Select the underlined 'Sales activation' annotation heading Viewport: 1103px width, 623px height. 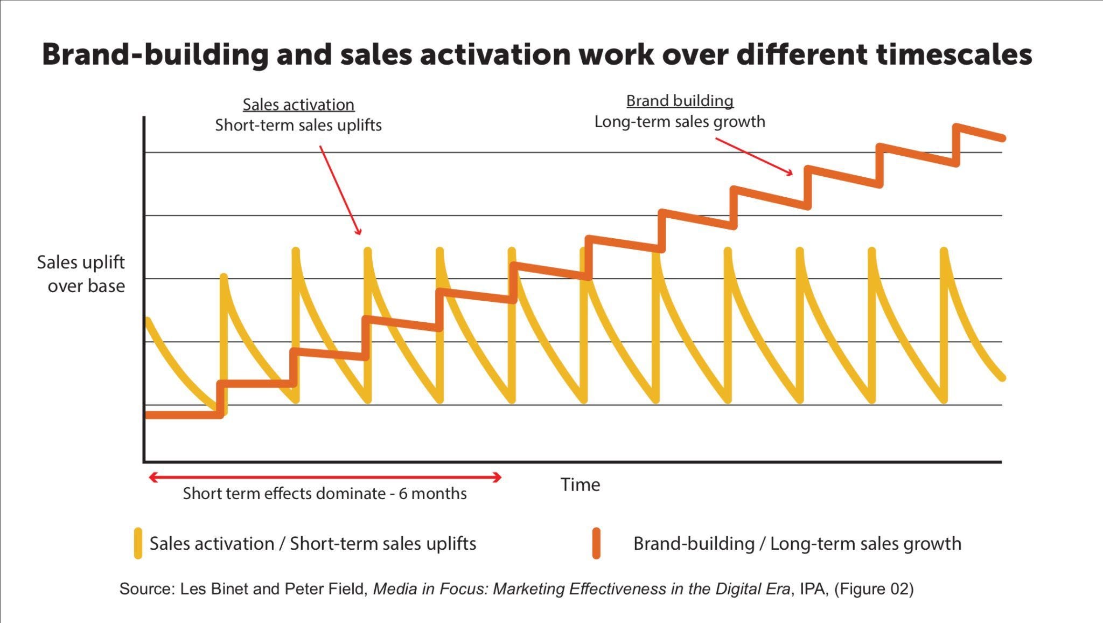[x=298, y=105]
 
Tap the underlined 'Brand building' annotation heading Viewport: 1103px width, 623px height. [x=680, y=101]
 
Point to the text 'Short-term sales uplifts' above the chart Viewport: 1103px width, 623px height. [x=298, y=126]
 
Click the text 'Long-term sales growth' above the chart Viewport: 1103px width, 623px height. [x=680, y=122]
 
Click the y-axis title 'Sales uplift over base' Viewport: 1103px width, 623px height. [x=81, y=274]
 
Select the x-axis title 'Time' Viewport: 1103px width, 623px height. [x=580, y=484]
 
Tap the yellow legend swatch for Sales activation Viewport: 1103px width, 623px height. [x=138, y=543]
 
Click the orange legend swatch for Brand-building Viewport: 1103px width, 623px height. [x=596, y=543]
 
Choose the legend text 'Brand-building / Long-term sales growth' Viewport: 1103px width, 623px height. [x=797, y=543]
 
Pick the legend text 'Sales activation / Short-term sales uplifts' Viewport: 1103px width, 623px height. [x=313, y=543]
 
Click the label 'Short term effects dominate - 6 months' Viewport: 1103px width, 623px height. [x=325, y=493]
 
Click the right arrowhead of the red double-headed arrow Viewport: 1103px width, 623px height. [x=499, y=477]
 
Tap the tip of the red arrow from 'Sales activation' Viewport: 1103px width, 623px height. [x=360, y=234]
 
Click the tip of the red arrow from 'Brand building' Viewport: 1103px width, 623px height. [x=791, y=174]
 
